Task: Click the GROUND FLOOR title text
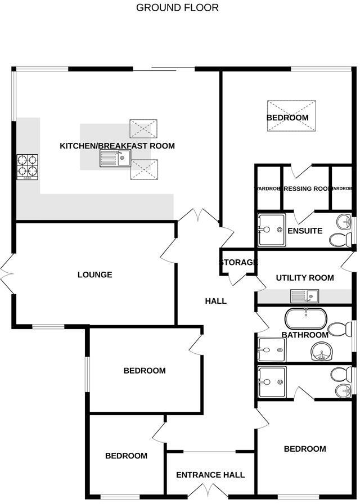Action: [x=177, y=8]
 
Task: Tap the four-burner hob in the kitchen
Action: [x=28, y=166]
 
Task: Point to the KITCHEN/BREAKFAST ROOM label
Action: [x=117, y=146]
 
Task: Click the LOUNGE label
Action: [x=94, y=274]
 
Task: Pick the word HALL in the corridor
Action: [x=215, y=301]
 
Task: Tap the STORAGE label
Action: [x=238, y=262]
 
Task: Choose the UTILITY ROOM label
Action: [x=304, y=277]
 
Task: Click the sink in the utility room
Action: [x=304, y=295]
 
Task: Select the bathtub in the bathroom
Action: [x=307, y=319]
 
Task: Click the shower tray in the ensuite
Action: [x=272, y=229]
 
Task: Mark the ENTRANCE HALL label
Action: [x=210, y=475]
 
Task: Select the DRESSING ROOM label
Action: [x=306, y=188]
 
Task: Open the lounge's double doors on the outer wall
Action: [x=7, y=274]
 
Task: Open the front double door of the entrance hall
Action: [x=210, y=490]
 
